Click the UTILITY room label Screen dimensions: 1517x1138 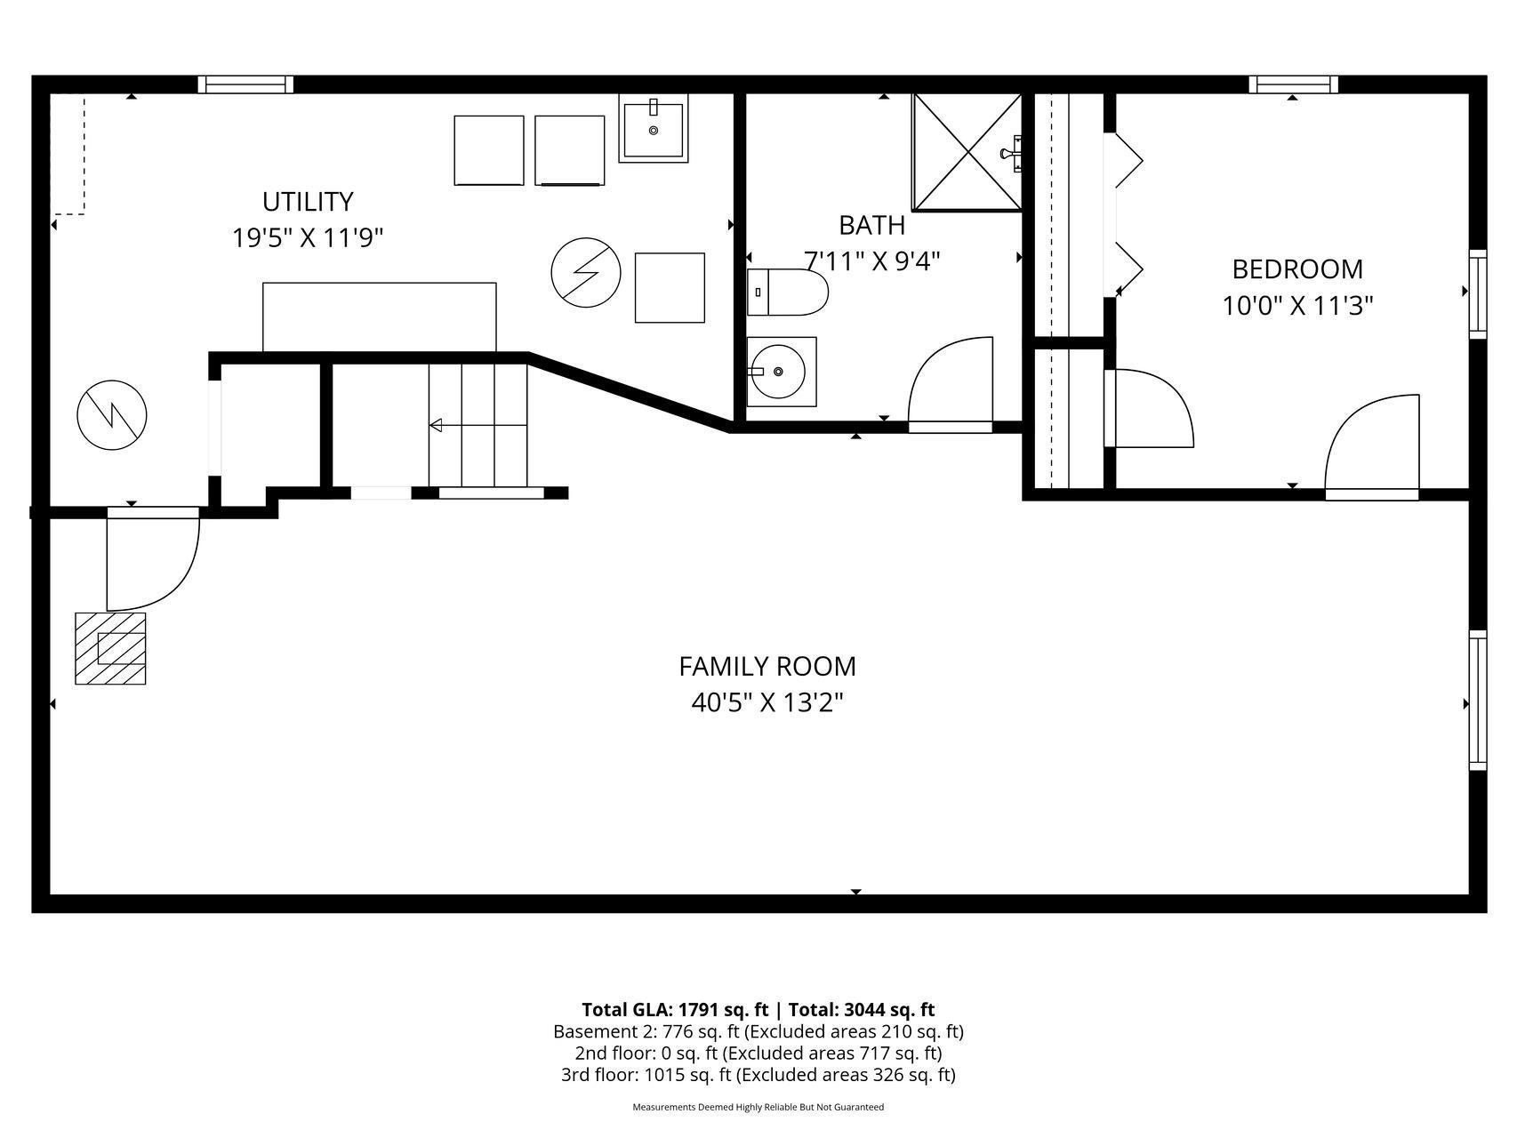point(308,202)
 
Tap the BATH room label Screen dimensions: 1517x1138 point(871,225)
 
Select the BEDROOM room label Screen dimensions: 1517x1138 point(1297,268)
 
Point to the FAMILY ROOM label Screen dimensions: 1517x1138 point(767,666)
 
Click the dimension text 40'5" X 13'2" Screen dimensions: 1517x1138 point(767,702)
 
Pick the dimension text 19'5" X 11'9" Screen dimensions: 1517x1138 point(308,238)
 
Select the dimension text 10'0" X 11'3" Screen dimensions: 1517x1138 point(1297,306)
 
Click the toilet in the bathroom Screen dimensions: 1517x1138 point(787,293)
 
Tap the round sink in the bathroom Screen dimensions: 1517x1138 point(782,372)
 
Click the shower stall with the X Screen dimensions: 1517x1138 point(967,152)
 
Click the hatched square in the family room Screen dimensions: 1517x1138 point(110,648)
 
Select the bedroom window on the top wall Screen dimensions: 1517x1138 point(1293,84)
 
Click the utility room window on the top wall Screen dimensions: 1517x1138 point(245,84)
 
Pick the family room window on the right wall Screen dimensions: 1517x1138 point(1478,701)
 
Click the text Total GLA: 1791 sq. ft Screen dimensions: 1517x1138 point(675,1010)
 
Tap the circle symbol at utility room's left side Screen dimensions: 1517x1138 point(111,414)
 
